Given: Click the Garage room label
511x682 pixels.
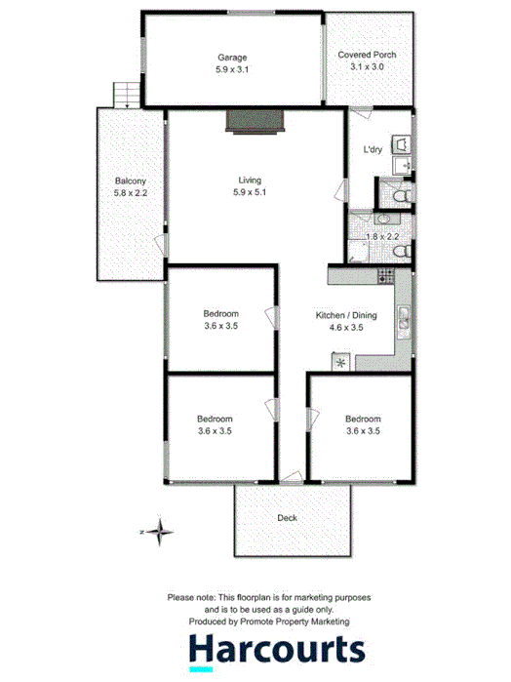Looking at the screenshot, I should (x=232, y=58).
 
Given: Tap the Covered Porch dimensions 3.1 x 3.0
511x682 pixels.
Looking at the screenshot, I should (x=368, y=67).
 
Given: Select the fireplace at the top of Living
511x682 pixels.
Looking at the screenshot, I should (x=255, y=121).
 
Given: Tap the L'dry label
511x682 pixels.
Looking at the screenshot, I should (x=373, y=150).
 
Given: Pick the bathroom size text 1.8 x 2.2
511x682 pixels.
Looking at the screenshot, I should (x=383, y=237).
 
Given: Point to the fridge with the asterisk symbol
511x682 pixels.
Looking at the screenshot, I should (x=340, y=362).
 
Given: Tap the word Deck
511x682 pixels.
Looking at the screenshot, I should (x=287, y=518).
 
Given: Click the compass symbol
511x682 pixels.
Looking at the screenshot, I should (x=160, y=532).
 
